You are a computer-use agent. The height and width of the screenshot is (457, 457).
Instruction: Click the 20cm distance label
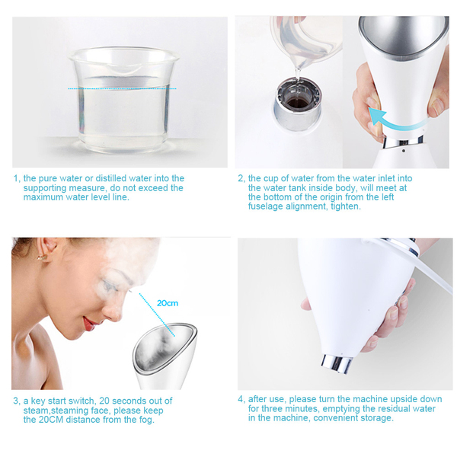click(x=168, y=303)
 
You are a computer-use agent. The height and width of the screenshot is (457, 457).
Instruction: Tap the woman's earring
click(x=41, y=257)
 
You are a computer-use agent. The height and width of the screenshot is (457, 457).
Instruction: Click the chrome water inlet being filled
click(x=298, y=104)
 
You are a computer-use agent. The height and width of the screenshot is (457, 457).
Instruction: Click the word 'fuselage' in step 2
click(x=266, y=206)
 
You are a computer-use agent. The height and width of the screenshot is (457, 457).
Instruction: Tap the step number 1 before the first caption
click(x=17, y=179)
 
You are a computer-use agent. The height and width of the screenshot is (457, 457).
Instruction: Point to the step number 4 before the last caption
click(x=241, y=399)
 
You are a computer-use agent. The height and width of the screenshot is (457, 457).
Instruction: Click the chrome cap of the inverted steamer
click(x=336, y=363)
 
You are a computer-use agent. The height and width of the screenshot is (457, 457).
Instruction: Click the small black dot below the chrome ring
click(x=404, y=151)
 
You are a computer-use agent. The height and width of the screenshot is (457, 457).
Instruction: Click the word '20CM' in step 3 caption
click(x=51, y=420)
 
